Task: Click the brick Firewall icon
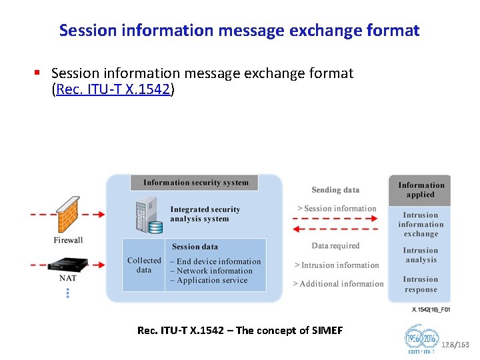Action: tap(69, 214)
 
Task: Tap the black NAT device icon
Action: tap(68, 265)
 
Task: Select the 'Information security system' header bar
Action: tap(195, 183)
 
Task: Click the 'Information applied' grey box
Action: tap(421, 190)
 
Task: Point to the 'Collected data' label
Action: tap(144, 265)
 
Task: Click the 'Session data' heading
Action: tap(195, 247)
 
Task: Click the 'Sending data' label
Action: tap(335, 190)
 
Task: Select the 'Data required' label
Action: tap(335, 246)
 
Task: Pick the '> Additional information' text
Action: tap(338, 284)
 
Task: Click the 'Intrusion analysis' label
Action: tap(421, 255)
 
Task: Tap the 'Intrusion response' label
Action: tap(421, 285)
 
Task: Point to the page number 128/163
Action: tap(455, 345)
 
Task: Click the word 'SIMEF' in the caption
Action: tap(327, 331)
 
